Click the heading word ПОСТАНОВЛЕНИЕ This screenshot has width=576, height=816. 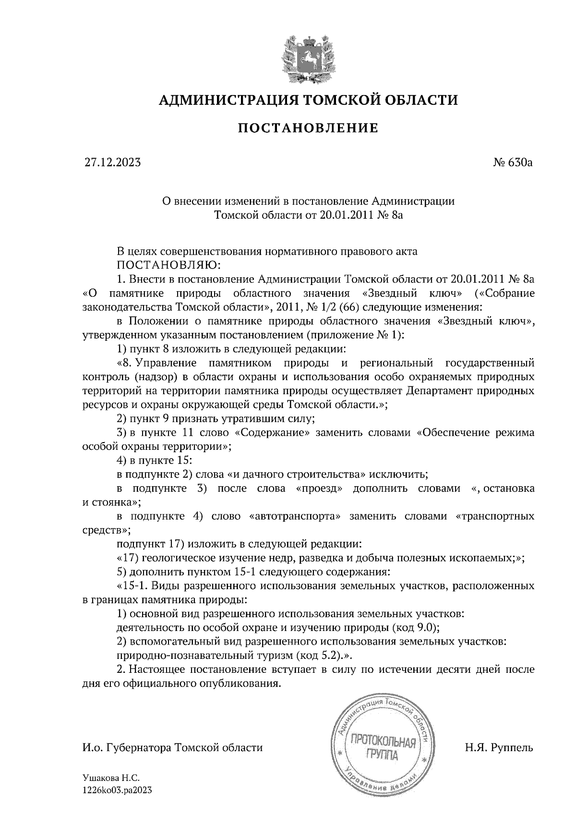click(x=308, y=128)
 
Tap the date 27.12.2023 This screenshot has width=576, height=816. click(x=112, y=162)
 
